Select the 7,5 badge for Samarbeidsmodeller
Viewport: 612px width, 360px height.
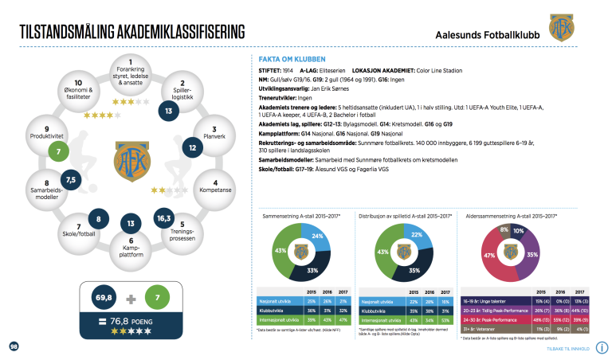coord(71,181)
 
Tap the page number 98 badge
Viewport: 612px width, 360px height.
coord(14,346)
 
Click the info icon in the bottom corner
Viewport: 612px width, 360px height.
coord(602,346)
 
